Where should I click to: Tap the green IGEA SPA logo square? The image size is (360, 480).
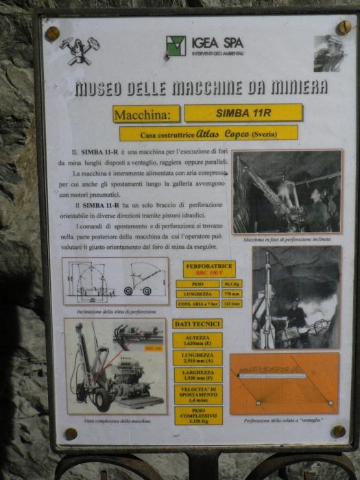[x=176, y=46]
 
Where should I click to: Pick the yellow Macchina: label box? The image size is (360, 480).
[x=146, y=114]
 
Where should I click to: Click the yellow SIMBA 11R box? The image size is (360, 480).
[x=243, y=112]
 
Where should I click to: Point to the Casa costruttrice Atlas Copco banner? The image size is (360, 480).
[x=208, y=133]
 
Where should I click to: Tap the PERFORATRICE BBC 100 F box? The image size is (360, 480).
[x=208, y=269]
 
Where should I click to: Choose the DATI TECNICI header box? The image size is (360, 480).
[x=197, y=323]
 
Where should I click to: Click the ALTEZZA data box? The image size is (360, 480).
[x=197, y=340]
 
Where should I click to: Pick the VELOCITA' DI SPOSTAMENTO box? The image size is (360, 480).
[x=197, y=395]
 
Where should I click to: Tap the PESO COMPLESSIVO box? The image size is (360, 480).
[x=197, y=415]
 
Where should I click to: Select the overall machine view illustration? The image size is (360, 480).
[x=115, y=365]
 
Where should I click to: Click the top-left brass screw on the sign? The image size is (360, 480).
[x=53, y=33]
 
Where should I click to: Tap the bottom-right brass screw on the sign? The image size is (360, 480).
[x=337, y=431]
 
